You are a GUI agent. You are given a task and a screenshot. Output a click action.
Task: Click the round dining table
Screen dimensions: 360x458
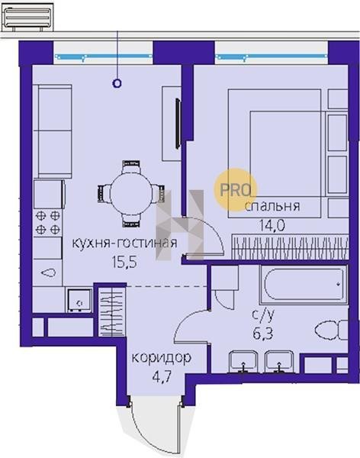[130, 193]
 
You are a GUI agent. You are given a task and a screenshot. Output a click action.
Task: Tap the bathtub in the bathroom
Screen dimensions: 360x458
[304, 284]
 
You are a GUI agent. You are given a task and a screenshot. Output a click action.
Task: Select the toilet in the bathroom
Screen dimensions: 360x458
[332, 330]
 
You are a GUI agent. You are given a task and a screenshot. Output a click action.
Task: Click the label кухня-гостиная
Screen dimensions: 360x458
[124, 243]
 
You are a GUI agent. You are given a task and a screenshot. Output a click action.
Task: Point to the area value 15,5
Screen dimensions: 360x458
[124, 262]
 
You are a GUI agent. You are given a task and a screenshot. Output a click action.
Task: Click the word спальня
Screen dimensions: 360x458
[272, 206]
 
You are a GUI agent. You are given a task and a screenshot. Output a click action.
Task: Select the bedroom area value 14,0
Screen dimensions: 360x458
[272, 225]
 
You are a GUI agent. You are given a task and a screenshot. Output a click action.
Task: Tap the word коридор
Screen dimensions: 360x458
[162, 357]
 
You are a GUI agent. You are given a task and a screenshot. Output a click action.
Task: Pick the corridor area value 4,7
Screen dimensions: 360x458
[162, 376]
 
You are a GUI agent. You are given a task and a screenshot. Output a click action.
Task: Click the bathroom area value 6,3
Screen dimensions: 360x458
[263, 333]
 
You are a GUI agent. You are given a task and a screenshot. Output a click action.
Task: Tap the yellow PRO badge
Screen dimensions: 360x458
[236, 190]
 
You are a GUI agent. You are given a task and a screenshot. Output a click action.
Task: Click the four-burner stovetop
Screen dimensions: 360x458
[48, 223]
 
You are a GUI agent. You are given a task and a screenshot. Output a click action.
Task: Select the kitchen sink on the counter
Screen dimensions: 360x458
[48, 273]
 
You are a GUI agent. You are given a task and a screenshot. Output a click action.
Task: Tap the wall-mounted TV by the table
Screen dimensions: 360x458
[178, 124]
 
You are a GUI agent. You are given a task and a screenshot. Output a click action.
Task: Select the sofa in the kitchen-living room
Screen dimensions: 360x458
[53, 131]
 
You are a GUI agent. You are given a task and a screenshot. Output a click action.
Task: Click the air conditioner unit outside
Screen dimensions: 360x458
[27, 18]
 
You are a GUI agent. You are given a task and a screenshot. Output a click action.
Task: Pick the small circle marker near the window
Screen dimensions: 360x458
[117, 83]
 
